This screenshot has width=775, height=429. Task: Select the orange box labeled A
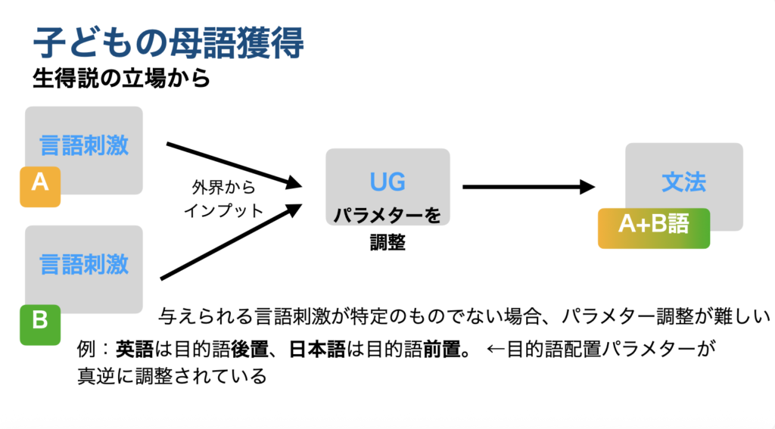[39, 184]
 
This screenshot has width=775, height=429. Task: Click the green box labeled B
[39, 321]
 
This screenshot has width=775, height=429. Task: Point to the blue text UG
[387, 182]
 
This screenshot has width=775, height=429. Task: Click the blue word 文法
[683, 182]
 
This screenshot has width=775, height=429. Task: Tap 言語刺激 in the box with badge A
[84, 145]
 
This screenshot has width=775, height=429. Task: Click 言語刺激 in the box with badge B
[84, 264]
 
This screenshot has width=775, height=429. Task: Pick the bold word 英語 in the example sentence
[134, 350]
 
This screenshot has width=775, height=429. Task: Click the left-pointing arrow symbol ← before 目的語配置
[495, 350]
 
